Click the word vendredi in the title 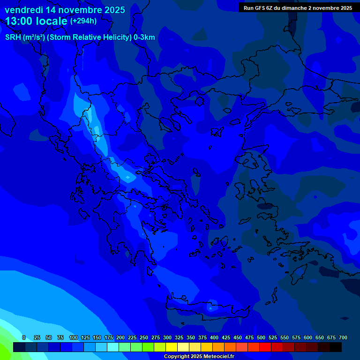(23, 9)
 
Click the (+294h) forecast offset (83, 21)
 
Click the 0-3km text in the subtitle (144, 37)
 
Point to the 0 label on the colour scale (24, 337)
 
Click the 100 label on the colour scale (73, 337)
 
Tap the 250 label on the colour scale (143, 337)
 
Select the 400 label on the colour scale (214, 337)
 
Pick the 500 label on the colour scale (261, 337)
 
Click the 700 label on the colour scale (343, 337)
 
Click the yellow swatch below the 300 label (171, 347)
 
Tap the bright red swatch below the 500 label (265, 347)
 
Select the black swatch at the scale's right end (335, 347)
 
